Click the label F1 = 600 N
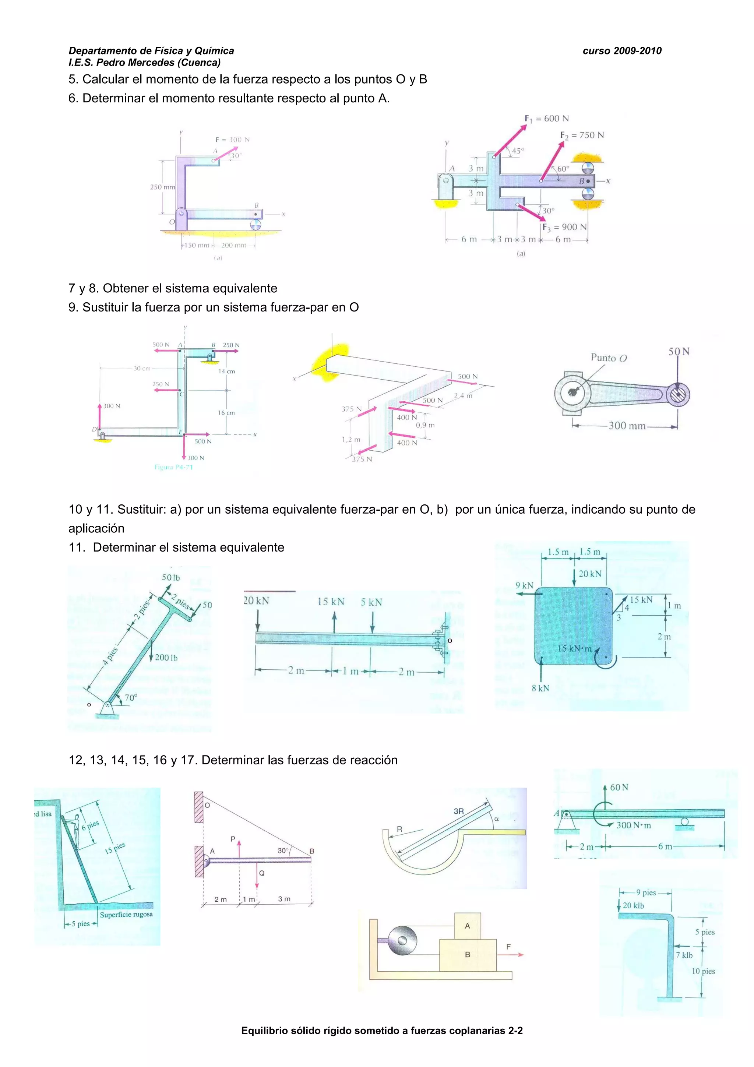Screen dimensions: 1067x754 pyautogui.click(x=546, y=119)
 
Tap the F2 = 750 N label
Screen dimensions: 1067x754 pyautogui.click(x=582, y=135)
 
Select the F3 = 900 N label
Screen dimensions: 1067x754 pyautogui.click(x=564, y=227)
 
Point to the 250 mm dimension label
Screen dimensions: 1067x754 pyautogui.click(x=162, y=187)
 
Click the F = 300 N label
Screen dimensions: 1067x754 pyautogui.click(x=232, y=140)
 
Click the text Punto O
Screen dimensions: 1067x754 pyautogui.click(x=609, y=358)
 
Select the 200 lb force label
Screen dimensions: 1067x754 pyautogui.click(x=166, y=658)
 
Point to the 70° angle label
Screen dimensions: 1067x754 pyautogui.click(x=131, y=698)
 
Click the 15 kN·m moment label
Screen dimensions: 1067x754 pyautogui.click(x=574, y=648)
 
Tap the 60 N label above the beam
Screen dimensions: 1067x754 pyautogui.click(x=619, y=787)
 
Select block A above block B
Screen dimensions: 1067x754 pyautogui.click(x=467, y=926)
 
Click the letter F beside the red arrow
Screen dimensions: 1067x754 pyautogui.click(x=508, y=947)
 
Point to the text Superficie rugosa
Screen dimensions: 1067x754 pyautogui.click(x=126, y=915)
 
